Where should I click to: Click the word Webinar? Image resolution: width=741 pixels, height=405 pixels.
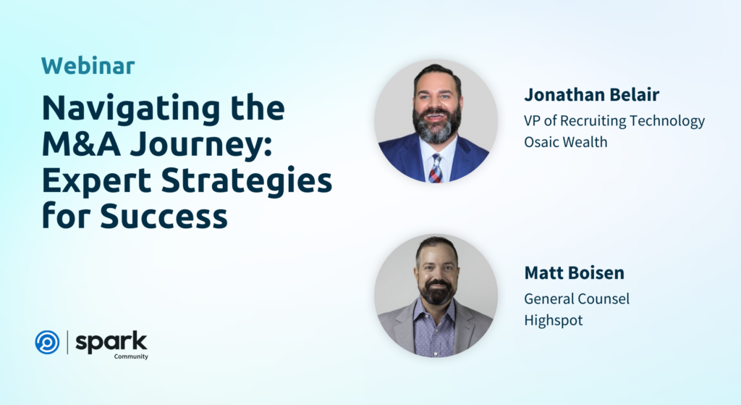point(88,66)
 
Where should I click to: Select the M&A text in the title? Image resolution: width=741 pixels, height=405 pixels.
point(81,144)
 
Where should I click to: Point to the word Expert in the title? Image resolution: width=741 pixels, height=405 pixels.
point(97,181)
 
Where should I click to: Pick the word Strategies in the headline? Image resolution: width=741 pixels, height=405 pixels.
point(247,182)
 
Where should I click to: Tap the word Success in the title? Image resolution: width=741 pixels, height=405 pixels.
point(164,216)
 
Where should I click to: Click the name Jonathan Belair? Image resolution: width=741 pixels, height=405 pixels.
point(592,95)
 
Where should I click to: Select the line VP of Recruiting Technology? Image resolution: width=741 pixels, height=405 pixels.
point(614,121)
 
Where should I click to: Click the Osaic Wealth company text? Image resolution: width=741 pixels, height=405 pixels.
point(566,142)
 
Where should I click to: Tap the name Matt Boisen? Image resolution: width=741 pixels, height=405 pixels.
point(574,272)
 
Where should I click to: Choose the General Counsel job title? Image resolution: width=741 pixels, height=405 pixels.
point(577,298)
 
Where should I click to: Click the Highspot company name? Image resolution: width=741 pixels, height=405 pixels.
point(554,320)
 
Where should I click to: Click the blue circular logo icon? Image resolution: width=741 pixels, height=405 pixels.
point(47,342)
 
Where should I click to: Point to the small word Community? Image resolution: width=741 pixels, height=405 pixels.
point(131,356)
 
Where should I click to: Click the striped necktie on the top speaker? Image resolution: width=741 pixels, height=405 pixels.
point(436,168)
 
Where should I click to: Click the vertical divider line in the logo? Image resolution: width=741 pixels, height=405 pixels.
point(67,342)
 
